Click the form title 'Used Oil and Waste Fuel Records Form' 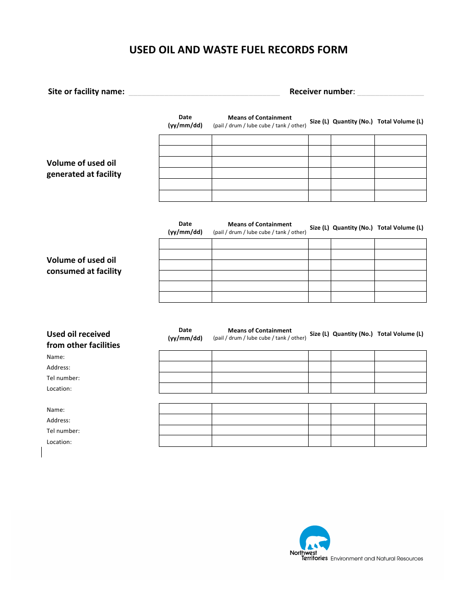point(238,50)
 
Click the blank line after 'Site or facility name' point(204,92)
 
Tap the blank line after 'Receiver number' point(390,92)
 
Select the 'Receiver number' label point(322,92)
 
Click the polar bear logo point(315,540)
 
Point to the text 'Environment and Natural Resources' point(377,559)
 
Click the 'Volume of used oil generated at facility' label point(84,169)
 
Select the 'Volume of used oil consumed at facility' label point(84,266)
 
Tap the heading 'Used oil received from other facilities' point(83,340)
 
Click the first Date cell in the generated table point(185,140)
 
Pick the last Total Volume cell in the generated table point(400,196)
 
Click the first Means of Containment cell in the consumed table point(260,244)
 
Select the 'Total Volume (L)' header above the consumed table point(400,228)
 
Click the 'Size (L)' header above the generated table point(319,122)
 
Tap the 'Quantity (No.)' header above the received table point(352,334)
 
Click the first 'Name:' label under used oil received point(56,357)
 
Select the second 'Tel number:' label point(63,431)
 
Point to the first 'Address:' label point(58,368)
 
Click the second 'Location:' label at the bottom point(59,442)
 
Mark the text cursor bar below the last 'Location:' point(42,452)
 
